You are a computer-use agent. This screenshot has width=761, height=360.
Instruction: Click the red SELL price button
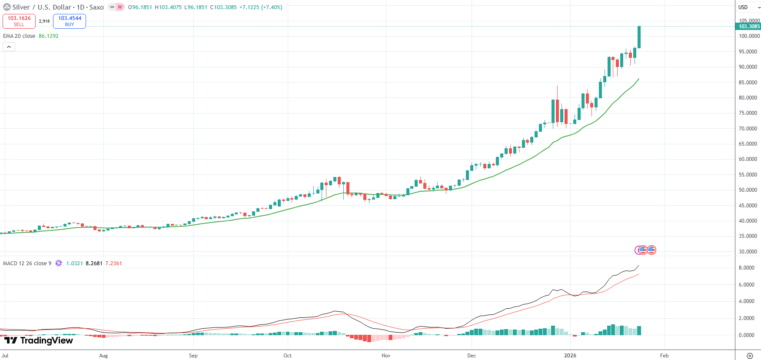(x=19, y=21)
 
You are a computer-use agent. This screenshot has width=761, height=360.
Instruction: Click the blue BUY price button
(x=70, y=21)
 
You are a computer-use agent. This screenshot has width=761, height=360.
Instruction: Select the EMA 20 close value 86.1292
(x=48, y=36)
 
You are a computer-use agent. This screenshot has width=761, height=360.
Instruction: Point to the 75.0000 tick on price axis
(x=748, y=113)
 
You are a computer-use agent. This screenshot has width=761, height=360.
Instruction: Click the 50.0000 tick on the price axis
(x=748, y=190)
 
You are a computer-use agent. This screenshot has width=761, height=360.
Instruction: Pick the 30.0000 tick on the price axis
(x=748, y=252)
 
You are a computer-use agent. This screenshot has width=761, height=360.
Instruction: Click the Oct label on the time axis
(x=287, y=356)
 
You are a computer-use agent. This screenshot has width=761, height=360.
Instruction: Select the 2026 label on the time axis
(x=570, y=356)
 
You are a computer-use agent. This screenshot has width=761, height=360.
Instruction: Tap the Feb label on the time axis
(x=664, y=356)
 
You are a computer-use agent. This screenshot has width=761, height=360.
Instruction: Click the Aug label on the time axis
(x=103, y=356)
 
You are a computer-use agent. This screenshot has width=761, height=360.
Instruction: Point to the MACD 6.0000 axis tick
(x=746, y=285)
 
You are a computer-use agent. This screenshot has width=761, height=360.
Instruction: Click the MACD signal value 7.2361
(x=113, y=263)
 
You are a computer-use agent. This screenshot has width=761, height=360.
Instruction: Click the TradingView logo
(x=39, y=340)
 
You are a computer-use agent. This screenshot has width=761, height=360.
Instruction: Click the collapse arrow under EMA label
(x=9, y=47)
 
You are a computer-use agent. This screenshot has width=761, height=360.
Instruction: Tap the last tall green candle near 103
(x=639, y=37)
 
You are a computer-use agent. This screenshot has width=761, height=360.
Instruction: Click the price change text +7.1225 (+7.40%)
(x=261, y=7)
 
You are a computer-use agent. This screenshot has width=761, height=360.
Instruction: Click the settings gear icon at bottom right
(x=750, y=356)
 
